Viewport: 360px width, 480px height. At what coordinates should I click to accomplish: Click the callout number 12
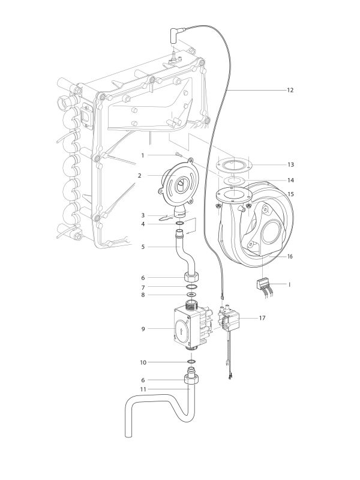(x=290, y=89)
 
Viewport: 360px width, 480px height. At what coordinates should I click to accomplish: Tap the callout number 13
(x=290, y=164)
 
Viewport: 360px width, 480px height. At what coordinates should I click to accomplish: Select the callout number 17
(x=262, y=318)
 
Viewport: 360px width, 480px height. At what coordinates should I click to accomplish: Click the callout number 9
(x=142, y=328)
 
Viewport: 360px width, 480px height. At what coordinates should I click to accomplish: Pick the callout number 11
(x=142, y=389)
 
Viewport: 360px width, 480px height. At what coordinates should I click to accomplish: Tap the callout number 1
(x=142, y=155)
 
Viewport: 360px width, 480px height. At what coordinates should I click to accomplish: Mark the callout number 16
(x=290, y=256)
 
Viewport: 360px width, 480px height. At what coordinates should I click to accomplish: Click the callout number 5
(x=142, y=246)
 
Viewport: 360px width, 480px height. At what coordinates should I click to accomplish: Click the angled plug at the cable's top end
(x=178, y=35)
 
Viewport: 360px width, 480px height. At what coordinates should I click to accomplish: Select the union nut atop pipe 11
(x=191, y=380)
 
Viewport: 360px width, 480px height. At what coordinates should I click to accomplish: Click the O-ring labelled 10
(x=191, y=362)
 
